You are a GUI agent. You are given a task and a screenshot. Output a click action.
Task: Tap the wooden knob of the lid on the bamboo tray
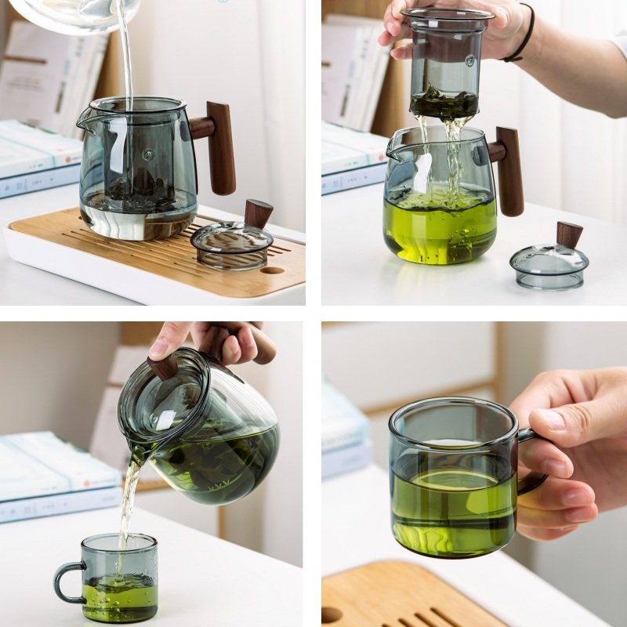point(258,213)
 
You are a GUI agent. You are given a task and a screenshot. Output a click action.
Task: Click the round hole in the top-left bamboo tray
point(273,270)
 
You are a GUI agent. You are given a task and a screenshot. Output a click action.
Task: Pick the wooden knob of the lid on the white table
point(569,234)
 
